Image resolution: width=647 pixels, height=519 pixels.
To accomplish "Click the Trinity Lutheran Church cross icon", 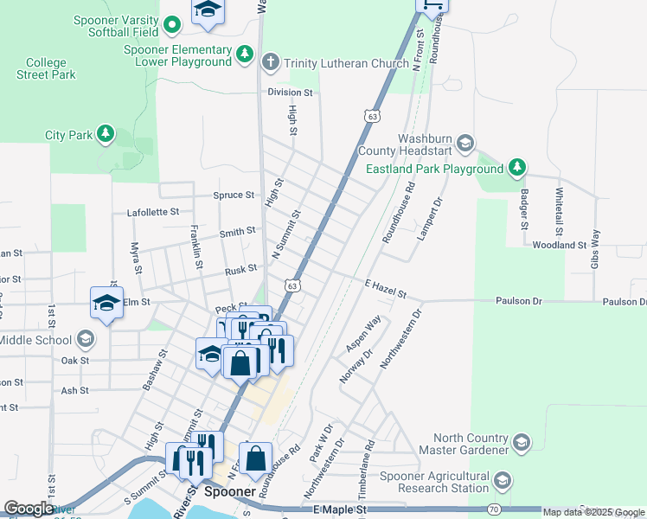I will [270, 62].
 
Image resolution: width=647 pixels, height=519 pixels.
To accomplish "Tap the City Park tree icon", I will [106, 134].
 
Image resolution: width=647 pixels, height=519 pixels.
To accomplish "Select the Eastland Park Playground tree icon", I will [516, 166].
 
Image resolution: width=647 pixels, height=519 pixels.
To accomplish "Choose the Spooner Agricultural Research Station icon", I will [501, 481].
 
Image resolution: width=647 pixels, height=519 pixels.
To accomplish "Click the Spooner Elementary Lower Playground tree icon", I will [245, 55].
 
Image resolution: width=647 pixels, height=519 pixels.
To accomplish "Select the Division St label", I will [290, 92].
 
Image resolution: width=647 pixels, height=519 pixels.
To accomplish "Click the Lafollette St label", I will [153, 211].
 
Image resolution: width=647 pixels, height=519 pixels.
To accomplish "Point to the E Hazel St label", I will [385, 290].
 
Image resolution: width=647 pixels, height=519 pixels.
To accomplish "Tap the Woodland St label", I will [560, 246].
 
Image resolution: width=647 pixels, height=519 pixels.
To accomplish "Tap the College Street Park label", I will [46, 68].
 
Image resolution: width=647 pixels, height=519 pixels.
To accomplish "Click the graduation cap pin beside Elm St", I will [106, 304].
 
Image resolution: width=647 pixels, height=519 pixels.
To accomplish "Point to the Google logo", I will [29, 509].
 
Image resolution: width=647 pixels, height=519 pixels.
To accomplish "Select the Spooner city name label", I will [231, 492].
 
